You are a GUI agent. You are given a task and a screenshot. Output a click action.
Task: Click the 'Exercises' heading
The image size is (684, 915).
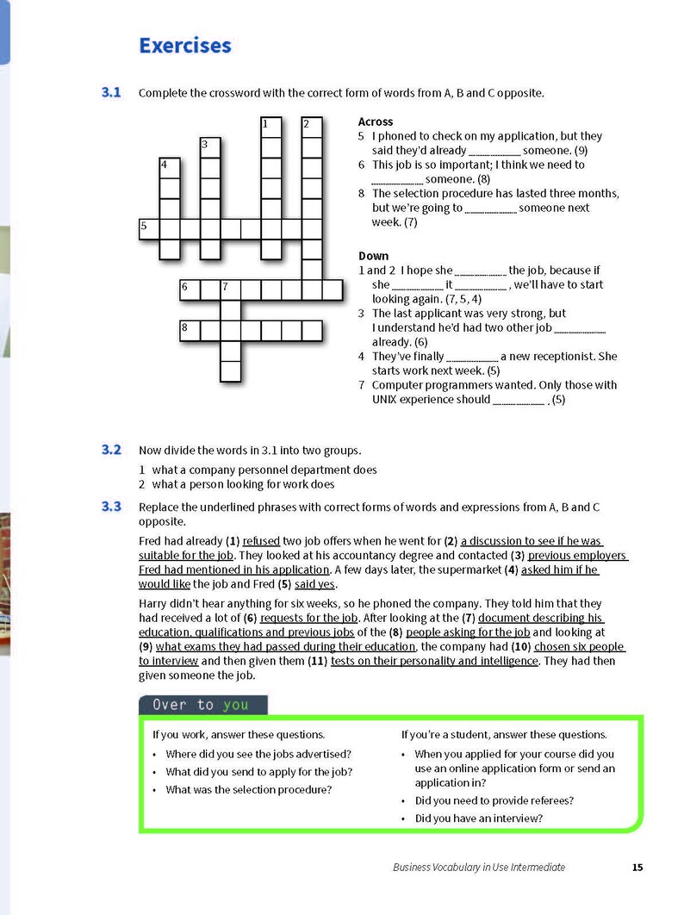point(185,46)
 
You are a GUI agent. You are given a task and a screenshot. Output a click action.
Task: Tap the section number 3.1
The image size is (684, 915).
point(111,92)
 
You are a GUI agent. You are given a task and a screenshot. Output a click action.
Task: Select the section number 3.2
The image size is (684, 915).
point(111,450)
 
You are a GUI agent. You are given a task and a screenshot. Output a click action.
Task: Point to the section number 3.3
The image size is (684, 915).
point(111,506)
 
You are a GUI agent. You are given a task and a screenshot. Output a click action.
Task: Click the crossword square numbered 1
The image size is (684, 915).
point(270,128)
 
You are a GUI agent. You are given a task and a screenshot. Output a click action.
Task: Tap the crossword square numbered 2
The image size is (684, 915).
point(312,128)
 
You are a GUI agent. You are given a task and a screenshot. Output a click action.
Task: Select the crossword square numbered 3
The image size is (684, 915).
point(209,147)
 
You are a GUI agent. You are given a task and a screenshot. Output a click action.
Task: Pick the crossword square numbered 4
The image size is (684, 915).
point(169,168)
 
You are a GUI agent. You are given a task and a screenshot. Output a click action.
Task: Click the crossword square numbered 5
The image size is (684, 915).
point(149,229)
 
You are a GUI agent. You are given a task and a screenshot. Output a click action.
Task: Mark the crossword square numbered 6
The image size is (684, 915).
point(190,290)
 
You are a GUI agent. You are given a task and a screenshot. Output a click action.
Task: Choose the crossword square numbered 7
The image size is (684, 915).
point(231,290)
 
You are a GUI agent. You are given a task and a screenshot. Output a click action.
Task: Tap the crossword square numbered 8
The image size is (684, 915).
point(190,331)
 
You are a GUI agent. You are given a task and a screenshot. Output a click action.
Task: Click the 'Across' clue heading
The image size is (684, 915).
point(376,121)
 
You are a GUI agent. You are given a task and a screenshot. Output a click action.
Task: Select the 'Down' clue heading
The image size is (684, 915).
point(374,256)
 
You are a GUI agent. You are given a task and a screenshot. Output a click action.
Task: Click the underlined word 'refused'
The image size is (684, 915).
point(261,541)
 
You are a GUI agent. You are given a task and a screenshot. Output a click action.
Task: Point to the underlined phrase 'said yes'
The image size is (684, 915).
point(315,584)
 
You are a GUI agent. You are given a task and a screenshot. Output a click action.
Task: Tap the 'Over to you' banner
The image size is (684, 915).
point(203,705)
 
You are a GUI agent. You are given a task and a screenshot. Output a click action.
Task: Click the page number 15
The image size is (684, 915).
point(637,867)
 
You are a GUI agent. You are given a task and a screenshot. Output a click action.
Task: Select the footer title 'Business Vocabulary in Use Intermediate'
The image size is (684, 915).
point(479,867)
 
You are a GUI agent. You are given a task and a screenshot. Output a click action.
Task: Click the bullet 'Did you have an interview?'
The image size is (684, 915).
point(479,819)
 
